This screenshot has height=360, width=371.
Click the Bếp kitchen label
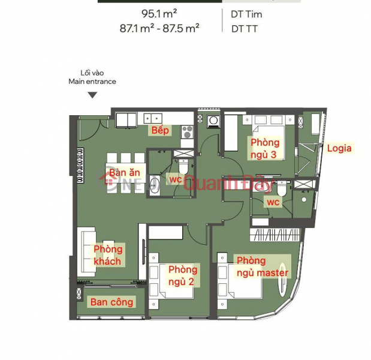(160, 130)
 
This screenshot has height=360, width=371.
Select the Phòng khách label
(107, 255)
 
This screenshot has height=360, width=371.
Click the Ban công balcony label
(112, 302)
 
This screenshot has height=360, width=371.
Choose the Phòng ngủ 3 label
(265, 148)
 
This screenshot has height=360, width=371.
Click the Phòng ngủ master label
(263, 266)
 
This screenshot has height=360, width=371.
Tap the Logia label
(339, 148)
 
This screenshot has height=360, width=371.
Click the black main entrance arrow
(92, 95)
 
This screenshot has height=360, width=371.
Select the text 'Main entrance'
(92, 81)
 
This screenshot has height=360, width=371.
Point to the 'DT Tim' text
(246, 13)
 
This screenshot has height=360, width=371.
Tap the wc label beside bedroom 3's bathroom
(273, 202)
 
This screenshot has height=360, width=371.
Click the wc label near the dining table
(176, 179)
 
